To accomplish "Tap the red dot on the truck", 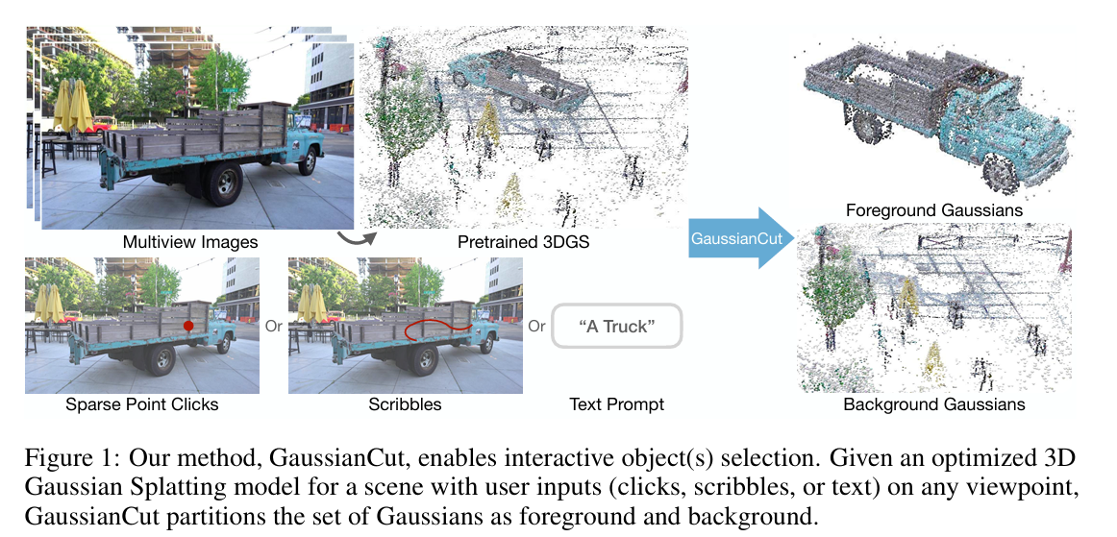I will pos(188,328).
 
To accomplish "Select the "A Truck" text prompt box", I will pos(617,327).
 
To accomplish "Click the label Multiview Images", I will pos(190,241).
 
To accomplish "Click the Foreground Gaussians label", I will pos(933,209).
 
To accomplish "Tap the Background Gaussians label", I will pos(933,404).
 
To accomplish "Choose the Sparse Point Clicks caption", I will pos(141,404).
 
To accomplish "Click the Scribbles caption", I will pos(405,404).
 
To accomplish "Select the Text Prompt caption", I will pos(615,404).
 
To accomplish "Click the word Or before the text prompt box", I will pos(536,327).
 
